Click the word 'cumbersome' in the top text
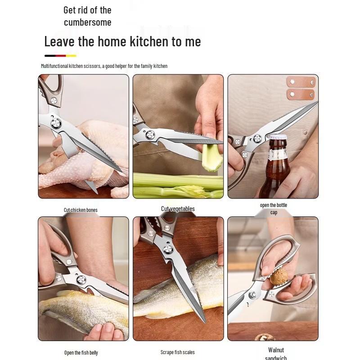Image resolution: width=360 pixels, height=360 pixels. pos(87,22)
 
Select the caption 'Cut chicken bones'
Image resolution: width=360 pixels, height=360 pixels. pos(81,210)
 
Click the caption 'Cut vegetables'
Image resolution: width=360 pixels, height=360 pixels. pos(178,209)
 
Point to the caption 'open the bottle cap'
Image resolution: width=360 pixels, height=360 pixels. pos(273,208)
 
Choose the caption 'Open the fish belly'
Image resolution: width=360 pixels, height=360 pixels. pos(81,352)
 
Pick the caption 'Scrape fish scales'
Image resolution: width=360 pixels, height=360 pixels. pos(178,352)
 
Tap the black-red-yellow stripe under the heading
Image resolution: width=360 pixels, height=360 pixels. pos(60,56)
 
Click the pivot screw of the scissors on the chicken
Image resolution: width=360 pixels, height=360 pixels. pos(56,122)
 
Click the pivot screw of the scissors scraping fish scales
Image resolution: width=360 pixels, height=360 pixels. pos(168,249)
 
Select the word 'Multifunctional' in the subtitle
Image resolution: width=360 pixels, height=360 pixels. pos(54,66)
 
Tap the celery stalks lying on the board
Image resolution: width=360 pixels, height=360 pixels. pos(178,184)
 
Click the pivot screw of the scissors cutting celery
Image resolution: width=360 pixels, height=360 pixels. pos(150,133)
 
